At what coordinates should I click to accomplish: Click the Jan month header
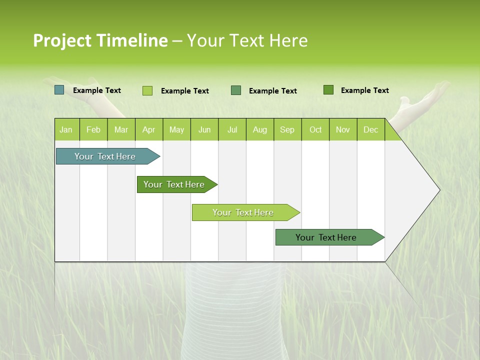coord(66,129)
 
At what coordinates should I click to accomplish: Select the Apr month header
coord(148,129)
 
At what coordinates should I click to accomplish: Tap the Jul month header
coord(232,129)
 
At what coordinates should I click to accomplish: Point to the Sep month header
coord(287,129)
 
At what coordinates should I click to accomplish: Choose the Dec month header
coord(370,129)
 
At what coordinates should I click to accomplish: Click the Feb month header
coord(93,129)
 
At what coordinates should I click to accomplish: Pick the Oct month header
coord(315,129)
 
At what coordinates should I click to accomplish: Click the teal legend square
coord(59,90)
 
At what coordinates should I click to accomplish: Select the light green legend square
coord(147,90)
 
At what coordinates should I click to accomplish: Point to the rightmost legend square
coord(328,90)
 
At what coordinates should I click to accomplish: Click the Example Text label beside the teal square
coord(97,90)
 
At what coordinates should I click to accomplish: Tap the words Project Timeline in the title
coord(100,40)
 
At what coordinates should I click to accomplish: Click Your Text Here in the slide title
coord(247,40)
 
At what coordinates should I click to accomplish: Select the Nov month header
coord(343,129)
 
